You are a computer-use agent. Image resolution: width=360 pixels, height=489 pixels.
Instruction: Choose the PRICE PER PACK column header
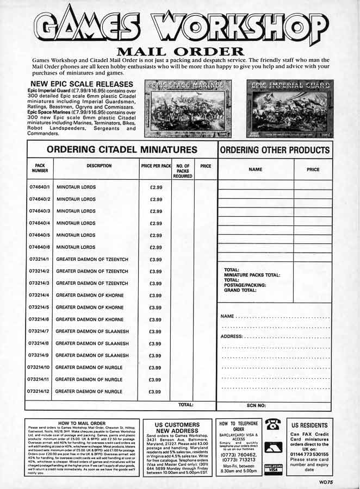(x=156, y=165)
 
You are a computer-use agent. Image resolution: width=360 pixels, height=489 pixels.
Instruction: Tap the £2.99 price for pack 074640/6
(x=156, y=247)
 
